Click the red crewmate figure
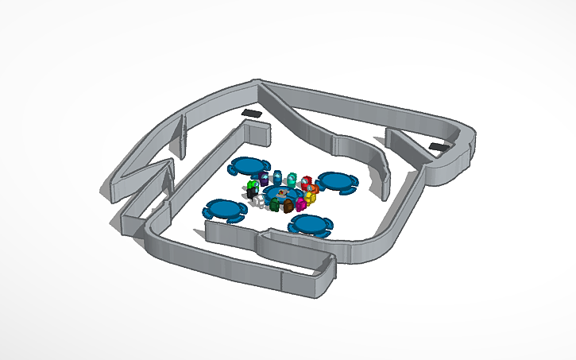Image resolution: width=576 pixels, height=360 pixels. [x=305, y=184]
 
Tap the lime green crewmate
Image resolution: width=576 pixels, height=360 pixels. [x=252, y=186]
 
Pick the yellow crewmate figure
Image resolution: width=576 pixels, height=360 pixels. [x=311, y=198]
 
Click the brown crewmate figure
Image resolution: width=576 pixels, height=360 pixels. [x=288, y=206]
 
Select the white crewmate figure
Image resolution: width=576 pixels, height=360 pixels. [x=259, y=200]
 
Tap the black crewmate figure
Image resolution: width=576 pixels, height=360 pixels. [x=251, y=193]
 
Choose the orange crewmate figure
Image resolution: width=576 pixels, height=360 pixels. [x=315, y=189]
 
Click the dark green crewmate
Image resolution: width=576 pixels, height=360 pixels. [x=274, y=205]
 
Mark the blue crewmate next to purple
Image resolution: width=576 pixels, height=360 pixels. [x=277, y=177]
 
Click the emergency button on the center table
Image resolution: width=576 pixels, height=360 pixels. [x=283, y=193]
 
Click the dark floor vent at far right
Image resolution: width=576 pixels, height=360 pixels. [x=438, y=147]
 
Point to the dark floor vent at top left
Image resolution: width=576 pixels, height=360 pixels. [x=253, y=115]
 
